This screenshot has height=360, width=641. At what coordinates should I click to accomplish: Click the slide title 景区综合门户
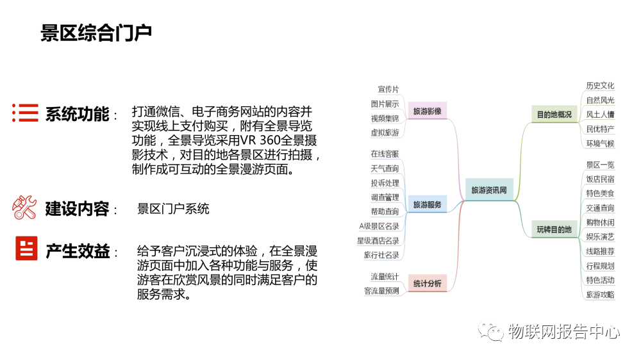coord(96,33)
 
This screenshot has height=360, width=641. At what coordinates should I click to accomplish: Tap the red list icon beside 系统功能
coord(25,113)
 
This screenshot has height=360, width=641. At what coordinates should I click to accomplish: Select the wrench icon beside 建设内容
coord(25,208)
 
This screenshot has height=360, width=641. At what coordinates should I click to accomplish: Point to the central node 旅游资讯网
coord(489,190)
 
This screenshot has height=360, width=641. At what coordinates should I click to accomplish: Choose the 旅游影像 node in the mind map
coord(427,111)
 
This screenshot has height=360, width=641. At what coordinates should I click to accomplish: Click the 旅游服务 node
coord(427,205)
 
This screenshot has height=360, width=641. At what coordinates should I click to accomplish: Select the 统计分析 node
coord(427,284)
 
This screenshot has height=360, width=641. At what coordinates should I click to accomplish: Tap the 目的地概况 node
coord(554,115)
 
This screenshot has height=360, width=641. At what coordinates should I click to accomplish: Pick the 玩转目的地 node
coord(554,229)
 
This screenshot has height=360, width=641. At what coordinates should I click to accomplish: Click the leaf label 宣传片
coord(388,90)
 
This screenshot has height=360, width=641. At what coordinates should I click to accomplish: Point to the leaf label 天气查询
coord(385,168)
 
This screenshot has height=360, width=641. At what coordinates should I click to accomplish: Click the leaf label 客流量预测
coord(381,291)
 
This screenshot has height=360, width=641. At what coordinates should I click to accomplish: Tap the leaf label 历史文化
coord(600,86)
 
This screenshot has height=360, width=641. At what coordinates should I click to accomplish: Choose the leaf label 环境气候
coord(600,143)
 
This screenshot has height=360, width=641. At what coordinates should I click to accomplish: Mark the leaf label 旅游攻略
coord(600,295)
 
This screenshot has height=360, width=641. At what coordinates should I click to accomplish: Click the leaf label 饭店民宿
coord(600,179)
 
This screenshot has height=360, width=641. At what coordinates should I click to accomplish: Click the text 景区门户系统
coord(173,209)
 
